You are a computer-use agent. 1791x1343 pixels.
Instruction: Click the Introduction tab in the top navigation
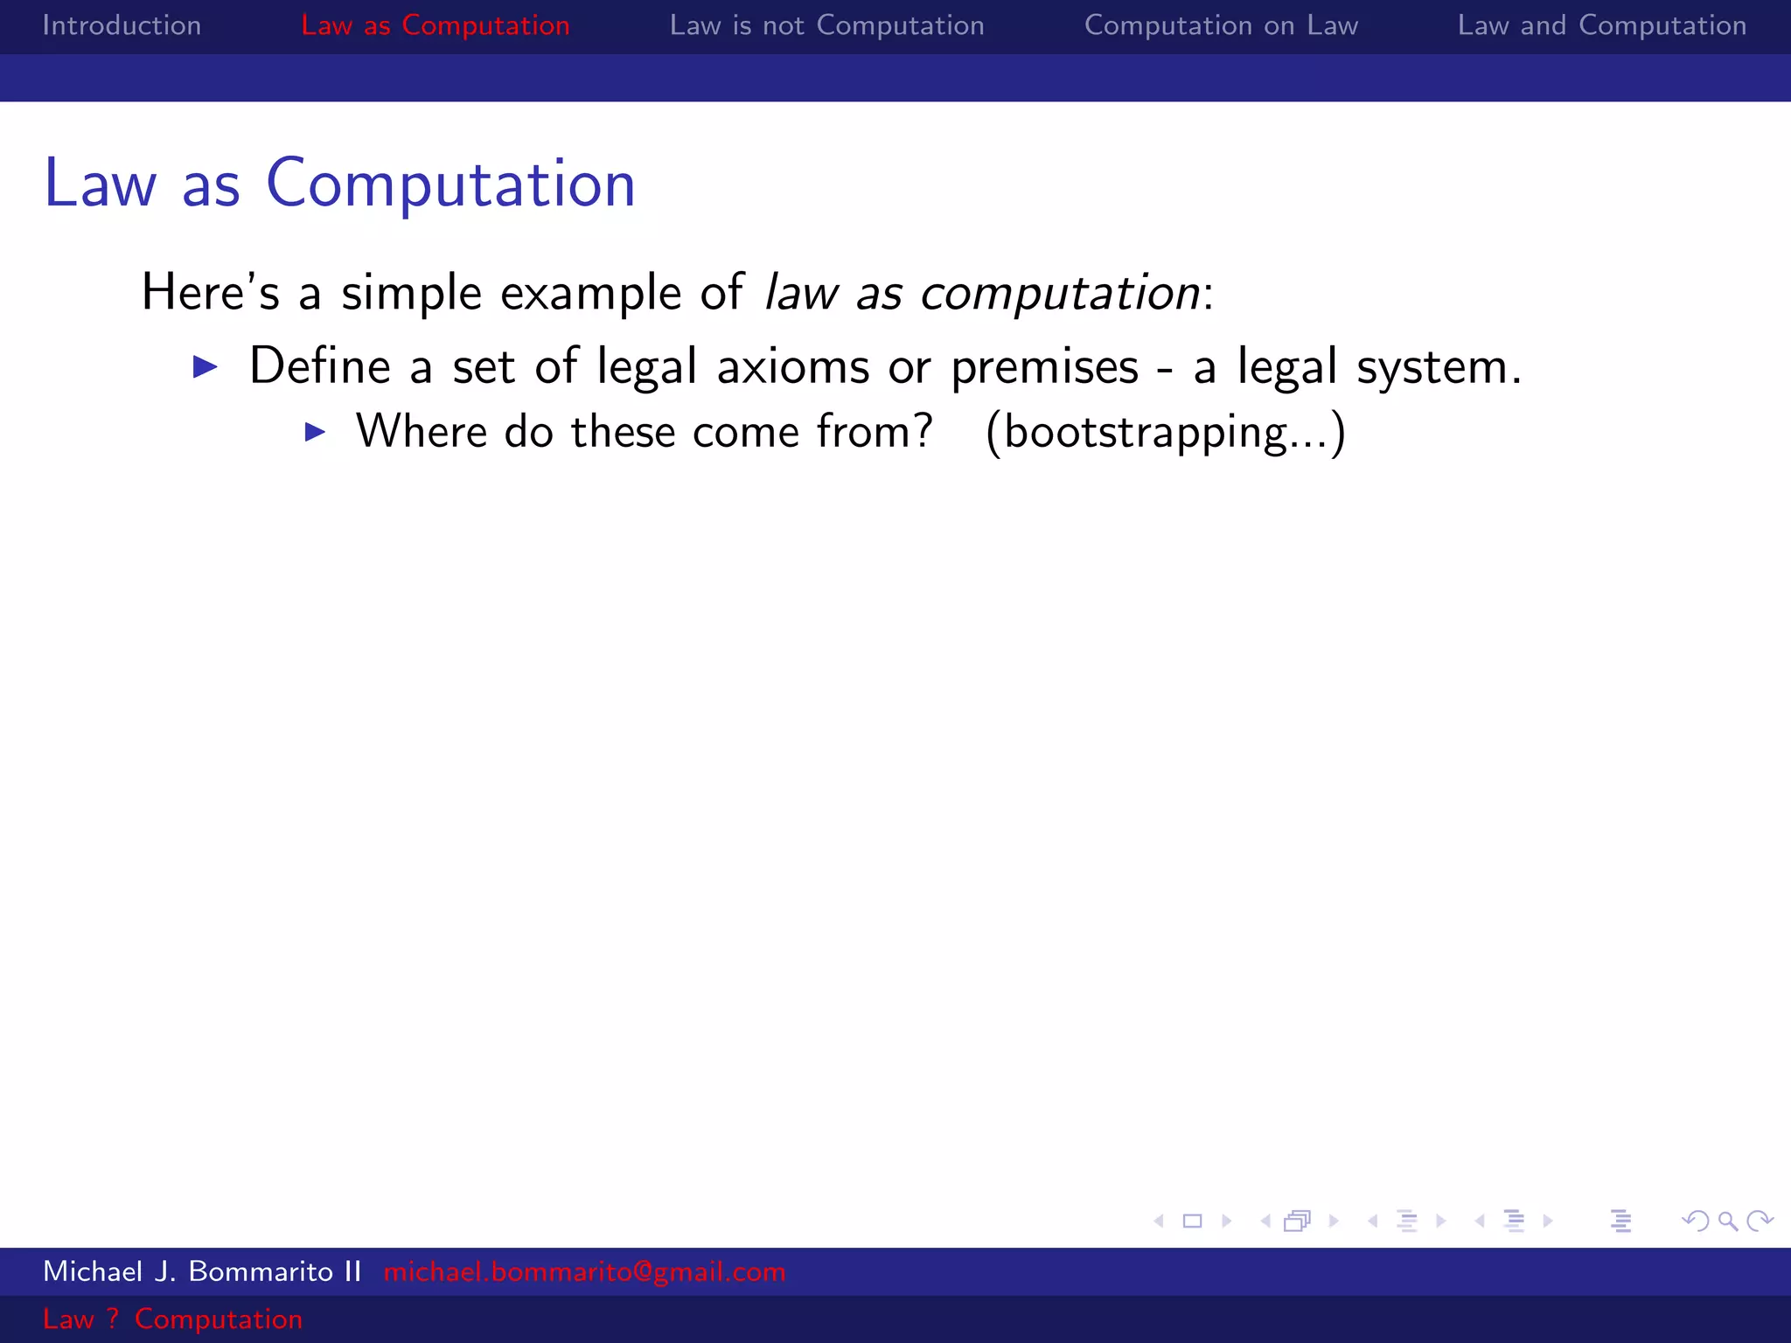pos(122,25)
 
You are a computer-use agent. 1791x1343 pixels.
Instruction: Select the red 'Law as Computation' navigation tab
pos(435,25)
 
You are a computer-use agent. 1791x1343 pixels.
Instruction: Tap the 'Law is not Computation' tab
pos(826,25)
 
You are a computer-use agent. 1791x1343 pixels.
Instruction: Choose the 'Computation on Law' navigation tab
pos(1221,25)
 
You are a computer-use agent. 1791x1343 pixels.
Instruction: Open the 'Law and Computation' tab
pos(1601,25)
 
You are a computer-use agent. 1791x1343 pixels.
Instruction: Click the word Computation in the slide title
pos(450,184)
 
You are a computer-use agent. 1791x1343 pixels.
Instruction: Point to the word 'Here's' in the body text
pos(210,292)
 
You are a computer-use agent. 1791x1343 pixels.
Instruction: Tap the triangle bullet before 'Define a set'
pos(205,366)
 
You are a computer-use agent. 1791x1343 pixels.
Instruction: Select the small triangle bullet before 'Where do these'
pos(315,432)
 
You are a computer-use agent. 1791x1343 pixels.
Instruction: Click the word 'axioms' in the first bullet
pos(792,366)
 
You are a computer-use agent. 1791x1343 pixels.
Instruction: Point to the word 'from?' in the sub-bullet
pos(874,432)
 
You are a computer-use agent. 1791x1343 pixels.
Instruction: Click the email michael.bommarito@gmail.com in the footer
pos(584,1271)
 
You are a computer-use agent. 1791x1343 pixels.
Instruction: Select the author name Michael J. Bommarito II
pos(202,1271)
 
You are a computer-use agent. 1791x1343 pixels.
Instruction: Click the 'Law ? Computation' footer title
pos(172,1319)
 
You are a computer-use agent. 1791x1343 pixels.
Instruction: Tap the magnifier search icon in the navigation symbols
pos(1727,1221)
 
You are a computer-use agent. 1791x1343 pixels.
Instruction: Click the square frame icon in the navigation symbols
pos(1192,1221)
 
